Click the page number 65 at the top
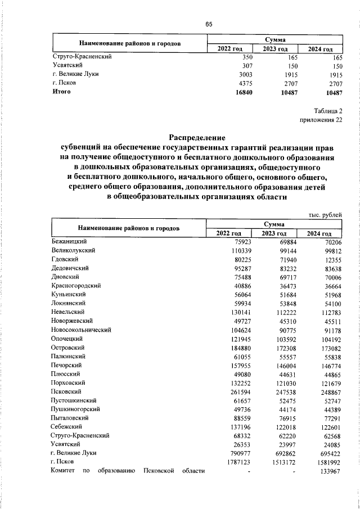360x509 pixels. point(208,24)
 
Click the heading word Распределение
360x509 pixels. point(197,137)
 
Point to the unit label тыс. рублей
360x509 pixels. point(326,215)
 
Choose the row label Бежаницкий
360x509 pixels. point(68,241)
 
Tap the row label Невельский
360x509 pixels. point(68,312)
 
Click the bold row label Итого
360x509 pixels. point(61,92)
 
